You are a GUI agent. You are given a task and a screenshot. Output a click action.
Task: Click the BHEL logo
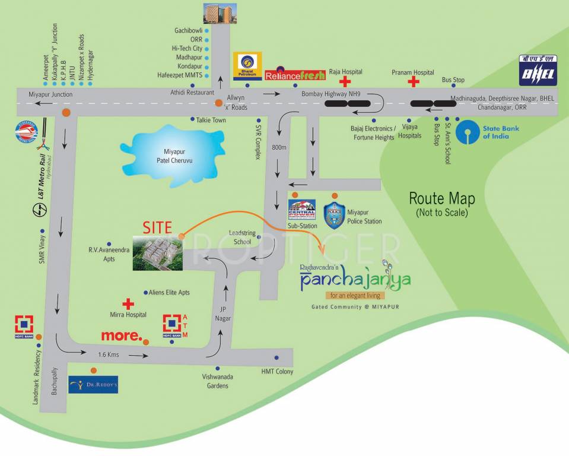point(537,69)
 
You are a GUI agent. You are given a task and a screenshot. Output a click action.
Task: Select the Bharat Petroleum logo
point(247,66)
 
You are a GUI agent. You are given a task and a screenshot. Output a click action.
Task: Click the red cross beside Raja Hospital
point(344,82)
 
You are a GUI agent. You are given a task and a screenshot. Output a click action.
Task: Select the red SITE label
point(157,227)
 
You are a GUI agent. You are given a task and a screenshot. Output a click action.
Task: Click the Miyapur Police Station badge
point(334,215)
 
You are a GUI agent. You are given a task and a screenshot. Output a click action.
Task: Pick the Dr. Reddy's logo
point(93,385)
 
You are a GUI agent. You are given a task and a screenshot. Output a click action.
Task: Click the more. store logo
point(121,335)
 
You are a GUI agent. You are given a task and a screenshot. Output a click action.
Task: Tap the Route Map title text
point(441,198)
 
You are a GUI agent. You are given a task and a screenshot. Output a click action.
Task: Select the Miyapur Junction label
point(50,94)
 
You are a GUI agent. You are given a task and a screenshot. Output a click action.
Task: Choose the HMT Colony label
point(277,372)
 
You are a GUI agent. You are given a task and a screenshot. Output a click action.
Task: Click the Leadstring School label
point(242,237)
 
